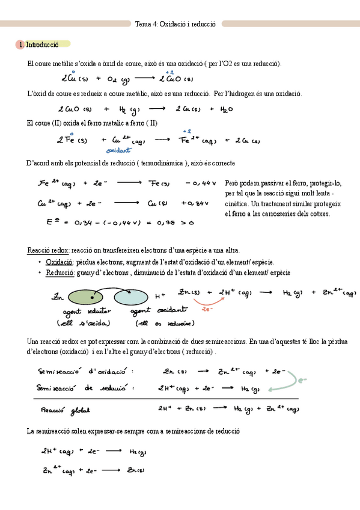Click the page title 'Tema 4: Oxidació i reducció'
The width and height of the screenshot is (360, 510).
coord(175,24)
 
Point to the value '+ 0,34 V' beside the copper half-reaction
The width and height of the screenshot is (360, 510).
coord(195,203)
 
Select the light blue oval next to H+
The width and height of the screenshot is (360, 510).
coord(132,296)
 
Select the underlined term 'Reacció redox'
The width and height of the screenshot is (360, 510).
coord(48,250)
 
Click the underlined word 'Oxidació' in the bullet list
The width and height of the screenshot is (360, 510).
coord(59,262)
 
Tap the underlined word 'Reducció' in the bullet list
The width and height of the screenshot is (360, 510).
coord(59,272)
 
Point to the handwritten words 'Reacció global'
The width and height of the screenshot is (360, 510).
coord(65,410)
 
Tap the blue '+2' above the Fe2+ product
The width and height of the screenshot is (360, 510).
coord(187,131)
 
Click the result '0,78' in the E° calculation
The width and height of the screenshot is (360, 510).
coord(166,223)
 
